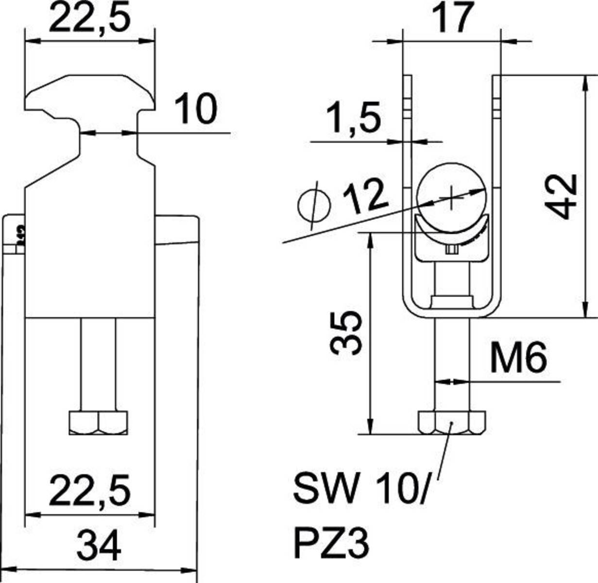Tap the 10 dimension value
[x=195, y=109]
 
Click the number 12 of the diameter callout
[x=365, y=197]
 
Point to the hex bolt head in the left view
[x=99, y=423]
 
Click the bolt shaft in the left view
[x=99, y=364]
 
